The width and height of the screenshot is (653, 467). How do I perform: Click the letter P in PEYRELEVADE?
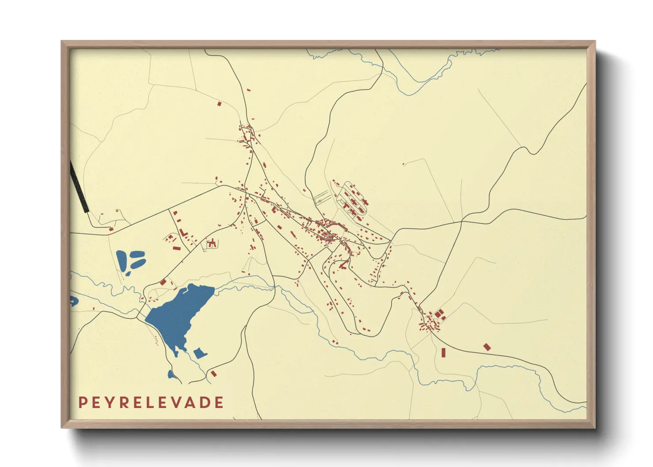click(83, 403)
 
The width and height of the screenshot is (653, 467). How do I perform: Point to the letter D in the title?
click(205, 403)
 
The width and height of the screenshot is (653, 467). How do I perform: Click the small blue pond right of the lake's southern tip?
click(199, 353)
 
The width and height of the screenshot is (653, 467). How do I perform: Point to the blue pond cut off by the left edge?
click(73, 301)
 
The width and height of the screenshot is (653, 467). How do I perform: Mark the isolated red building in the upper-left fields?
click(219, 104)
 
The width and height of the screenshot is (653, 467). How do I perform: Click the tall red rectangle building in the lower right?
click(443, 352)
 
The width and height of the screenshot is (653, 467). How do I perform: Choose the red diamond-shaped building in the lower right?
click(487, 347)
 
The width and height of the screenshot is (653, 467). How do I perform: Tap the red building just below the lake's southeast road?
click(214, 373)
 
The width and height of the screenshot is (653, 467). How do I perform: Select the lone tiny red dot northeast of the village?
click(403, 165)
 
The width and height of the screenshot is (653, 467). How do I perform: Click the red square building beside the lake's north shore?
click(163, 282)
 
